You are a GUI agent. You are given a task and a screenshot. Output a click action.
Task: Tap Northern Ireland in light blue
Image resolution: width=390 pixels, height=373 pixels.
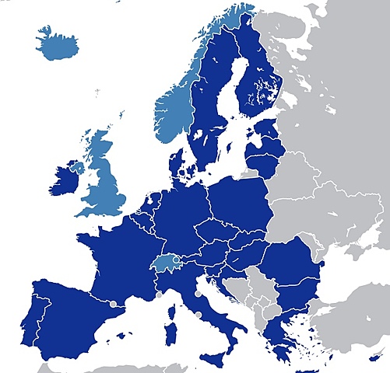click(76, 166)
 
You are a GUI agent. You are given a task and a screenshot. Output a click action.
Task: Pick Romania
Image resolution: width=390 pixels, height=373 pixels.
click(292, 261)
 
